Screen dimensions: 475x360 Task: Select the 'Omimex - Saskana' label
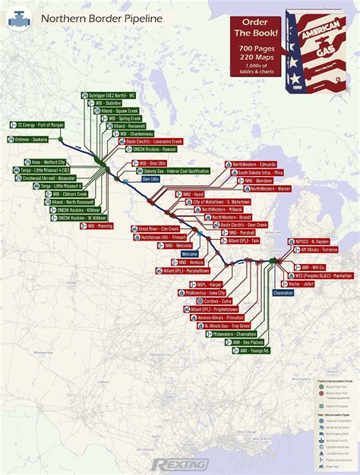pos(30,139)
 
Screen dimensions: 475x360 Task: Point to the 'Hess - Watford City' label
pos(49,162)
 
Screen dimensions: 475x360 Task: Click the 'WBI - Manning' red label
pos(99,225)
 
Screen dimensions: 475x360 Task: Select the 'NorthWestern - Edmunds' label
pos(254,164)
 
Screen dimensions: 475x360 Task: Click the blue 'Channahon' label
pos(283,292)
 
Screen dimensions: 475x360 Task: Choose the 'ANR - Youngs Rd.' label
pos(235,351)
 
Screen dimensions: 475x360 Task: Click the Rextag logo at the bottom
pos(179,463)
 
